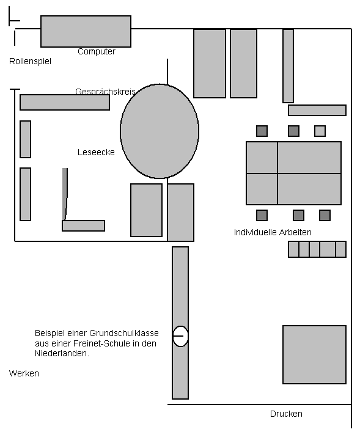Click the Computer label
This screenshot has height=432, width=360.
(97, 51)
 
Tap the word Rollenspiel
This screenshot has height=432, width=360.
(31, 61)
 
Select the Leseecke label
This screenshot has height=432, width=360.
(96, 152)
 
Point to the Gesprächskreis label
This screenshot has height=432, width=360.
(105, 91)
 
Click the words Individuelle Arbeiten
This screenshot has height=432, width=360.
(273, 232)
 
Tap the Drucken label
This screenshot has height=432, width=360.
(286, 414)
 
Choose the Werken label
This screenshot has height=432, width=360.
(24, 373)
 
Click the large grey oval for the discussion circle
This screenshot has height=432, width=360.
(160, 131)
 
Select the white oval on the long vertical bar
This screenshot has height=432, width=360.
(180, 336)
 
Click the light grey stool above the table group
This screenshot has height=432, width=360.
(320, 131)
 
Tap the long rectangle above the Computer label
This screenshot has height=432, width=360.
(86, 31)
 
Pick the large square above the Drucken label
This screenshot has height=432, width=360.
(314, 354)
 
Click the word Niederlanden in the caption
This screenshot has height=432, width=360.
(62, 353)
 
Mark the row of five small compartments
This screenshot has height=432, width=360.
(317, 249)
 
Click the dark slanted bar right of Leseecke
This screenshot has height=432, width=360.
(65, 194)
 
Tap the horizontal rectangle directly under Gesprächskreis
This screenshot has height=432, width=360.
(65, 103)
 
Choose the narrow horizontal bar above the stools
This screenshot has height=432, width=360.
(317, 110)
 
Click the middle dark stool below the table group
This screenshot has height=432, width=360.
(298, 215)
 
